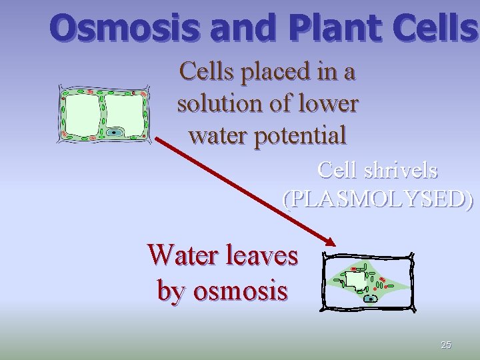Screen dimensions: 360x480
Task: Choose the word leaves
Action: pos(263,255)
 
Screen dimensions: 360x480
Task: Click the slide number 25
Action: pos(446,345)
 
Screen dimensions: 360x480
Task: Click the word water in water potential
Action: pos(218,135)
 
